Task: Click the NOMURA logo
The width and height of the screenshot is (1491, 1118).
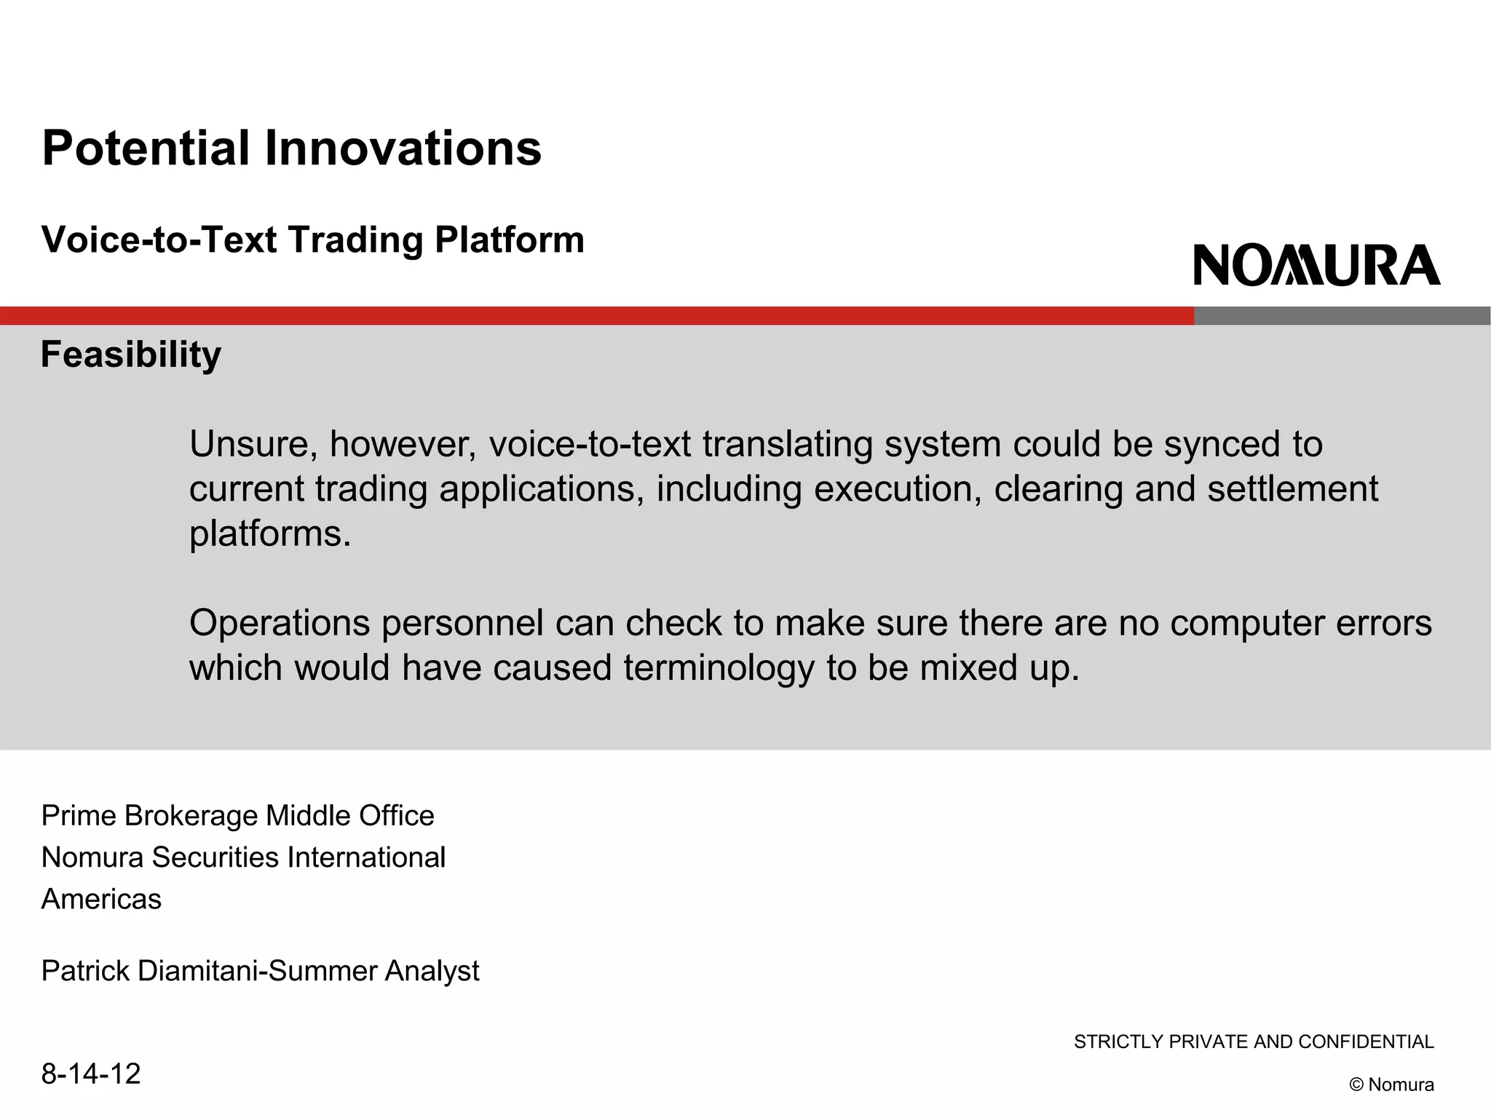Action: (1316, 265)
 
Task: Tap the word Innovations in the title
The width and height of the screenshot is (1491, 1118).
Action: (403, 148)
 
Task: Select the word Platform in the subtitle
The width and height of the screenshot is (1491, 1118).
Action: (510, 240)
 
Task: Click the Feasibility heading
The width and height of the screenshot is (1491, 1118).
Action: (131, 354)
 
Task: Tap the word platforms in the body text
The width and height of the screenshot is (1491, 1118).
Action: (270, 534)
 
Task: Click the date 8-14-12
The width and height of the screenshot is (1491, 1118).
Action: (91, 1074)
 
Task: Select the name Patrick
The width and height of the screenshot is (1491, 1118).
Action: (86, 971)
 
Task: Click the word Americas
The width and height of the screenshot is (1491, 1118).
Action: (101, 900)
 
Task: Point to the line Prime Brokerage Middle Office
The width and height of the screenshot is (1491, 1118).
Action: (237, 816)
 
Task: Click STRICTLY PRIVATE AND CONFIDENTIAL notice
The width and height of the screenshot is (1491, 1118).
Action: (1254, 1042)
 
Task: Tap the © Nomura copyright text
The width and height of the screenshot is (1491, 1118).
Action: (1391, 1085)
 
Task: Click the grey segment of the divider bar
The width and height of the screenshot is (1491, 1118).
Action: (1342, 316)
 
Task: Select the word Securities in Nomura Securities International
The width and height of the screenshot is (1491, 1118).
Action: (215, 857)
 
